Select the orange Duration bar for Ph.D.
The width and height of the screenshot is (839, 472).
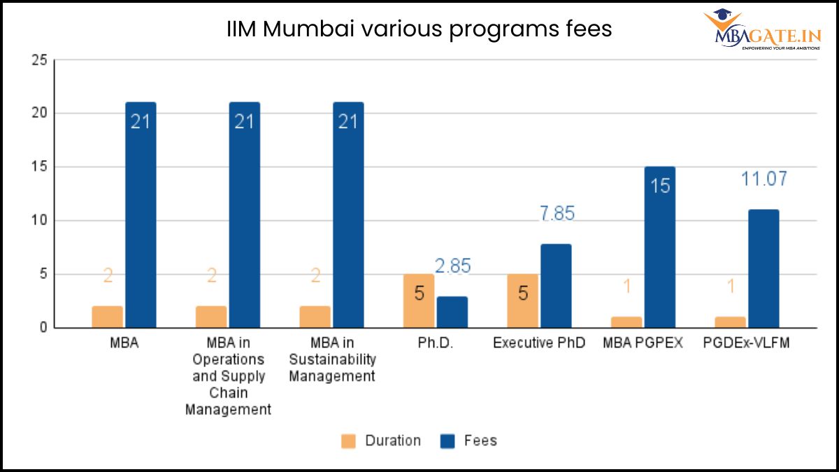point(418,301)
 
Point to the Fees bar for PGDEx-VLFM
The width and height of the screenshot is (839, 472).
point(763,269)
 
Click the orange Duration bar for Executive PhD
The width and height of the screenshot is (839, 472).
point(522,301)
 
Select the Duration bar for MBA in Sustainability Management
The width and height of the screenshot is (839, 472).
point(315,317)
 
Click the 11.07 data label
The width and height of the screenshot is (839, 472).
point(763,179)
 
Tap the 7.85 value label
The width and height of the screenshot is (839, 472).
point(556,213)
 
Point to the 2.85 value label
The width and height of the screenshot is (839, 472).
point(452,266)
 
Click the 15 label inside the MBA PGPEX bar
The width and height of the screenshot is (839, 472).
point(659,186)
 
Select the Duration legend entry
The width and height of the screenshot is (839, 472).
point(381,441)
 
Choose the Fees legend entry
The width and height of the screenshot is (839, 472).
point(468,441)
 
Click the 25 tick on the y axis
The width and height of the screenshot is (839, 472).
point(39,60)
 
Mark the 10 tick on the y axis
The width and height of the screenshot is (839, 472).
point(39,220)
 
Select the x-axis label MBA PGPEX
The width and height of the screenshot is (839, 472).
point(643,343)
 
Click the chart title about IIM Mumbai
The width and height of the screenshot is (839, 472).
point(419,29)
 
